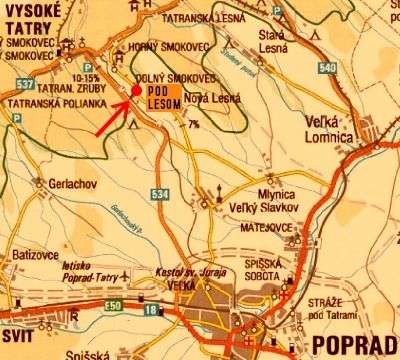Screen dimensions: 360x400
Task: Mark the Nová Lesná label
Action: pyautogui.click(x=213, y=97)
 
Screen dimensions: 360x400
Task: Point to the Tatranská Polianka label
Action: pyautogui.click(x=49, y=103)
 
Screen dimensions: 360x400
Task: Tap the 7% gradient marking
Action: pyautogui.click(x=193, y=123)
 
